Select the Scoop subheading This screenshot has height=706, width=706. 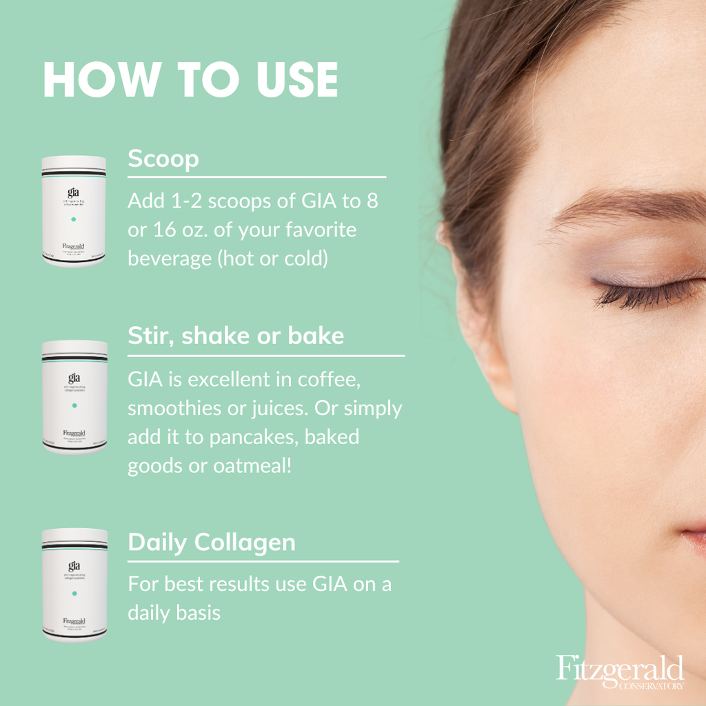pyautogui.click(x=163, y=159)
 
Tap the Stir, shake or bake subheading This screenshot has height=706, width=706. pyautogui.click(x=236, y=336)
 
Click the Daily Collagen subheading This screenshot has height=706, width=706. pyautogui.click(x=212, y=542)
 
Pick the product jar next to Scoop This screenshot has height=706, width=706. pyautogui.click(x=74, y=211)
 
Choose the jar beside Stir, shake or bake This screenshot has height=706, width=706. pyautogui.click(x=74, y=397)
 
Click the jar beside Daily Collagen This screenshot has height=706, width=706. pyautogui.click(x=74, y=585)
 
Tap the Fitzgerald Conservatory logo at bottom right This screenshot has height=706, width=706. pyautogui.click(x=620, y=672)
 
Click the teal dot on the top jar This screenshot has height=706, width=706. pyautogui.click(x=74, y=219)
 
